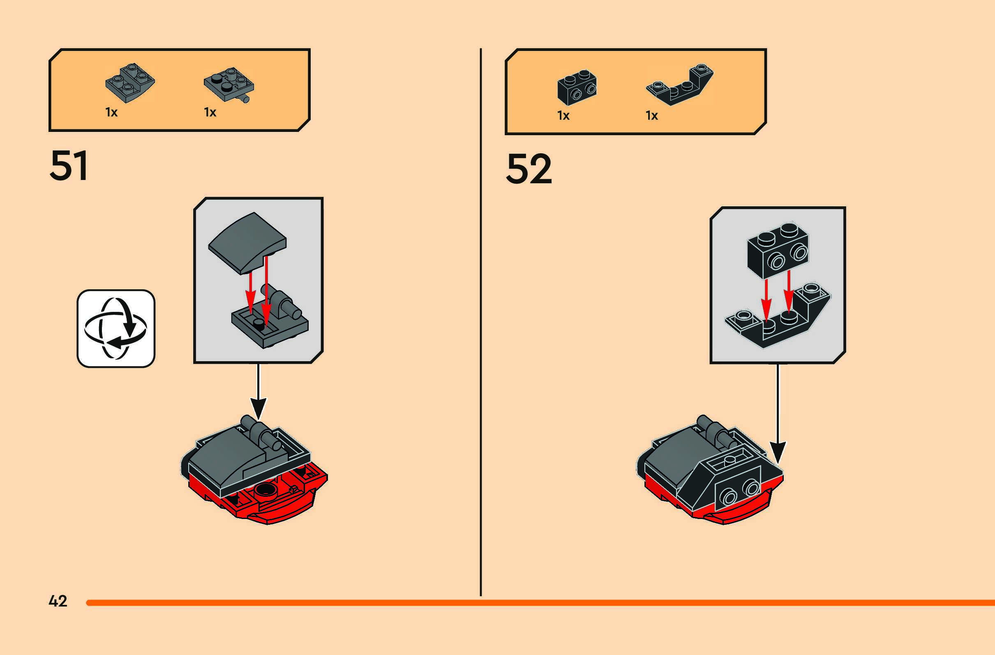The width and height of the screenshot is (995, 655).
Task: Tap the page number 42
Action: (x=58, y=601)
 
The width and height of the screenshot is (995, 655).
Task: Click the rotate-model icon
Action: (x=116, y=329)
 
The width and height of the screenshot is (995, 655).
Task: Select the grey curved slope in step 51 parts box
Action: (x=129, y=83)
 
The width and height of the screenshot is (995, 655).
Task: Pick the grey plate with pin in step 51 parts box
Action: (x=229, y=85)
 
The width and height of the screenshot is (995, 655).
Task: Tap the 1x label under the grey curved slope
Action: (x=111, y=113)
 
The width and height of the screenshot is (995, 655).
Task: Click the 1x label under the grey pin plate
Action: (x=210, y=113)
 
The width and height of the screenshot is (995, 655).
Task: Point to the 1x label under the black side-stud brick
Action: (x=563, y=116)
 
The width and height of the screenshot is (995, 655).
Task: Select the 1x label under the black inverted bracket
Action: (x=652, y=116)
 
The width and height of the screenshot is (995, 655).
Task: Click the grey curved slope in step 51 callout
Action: (x=247, y=242)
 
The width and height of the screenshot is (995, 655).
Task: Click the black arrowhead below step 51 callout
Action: (x=259, y=408)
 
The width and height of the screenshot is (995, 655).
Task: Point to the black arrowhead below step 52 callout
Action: (x=778, y=452)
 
